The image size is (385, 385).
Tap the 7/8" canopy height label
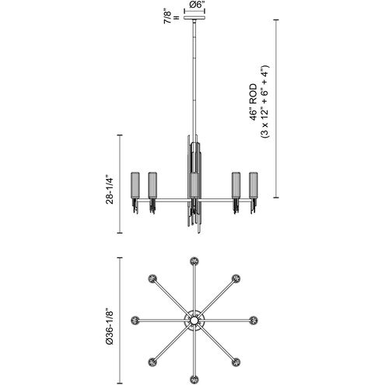pyautogui.click(x=167, y=17)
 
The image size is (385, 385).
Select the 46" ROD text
pyautogui.click(x=254, y=102)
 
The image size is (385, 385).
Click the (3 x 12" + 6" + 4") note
pyautogui.click(x=265, y=102)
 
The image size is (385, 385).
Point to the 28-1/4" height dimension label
pyautogui.click(x=110, y=191)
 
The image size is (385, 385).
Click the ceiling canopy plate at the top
pyautogui.click(x=194, y=18)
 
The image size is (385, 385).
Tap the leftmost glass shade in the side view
pyautogui.click(x=135, y=185)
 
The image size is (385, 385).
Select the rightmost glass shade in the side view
pyautogui.click(x=254, y=185)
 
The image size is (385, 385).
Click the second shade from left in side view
pyautogui.click(x=152, y=185)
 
